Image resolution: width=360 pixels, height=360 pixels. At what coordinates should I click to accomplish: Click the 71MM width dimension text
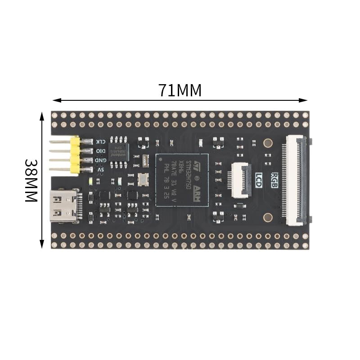pos(180,90)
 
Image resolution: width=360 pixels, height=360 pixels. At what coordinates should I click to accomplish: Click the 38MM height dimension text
pos(31,180)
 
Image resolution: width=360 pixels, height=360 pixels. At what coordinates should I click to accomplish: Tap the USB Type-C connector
pos(64,205)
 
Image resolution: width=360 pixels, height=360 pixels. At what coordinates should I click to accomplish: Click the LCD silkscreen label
pos(259,177)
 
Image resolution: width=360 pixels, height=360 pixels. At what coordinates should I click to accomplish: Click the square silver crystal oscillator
pos(143,179)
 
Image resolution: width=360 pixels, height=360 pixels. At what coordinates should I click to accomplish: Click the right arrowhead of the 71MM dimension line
pos(305,100)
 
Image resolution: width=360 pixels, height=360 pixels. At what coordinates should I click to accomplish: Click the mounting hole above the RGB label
pos(268,144)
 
